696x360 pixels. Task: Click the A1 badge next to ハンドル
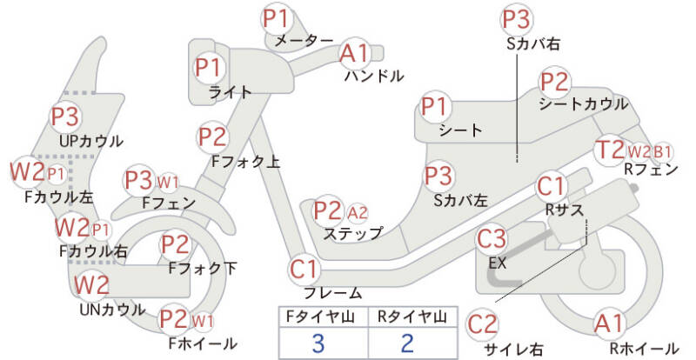click(355, 53)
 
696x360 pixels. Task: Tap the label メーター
click(304, 41)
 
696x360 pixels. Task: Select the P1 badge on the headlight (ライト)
click(209, 68)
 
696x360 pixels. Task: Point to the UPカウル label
click(91, 141)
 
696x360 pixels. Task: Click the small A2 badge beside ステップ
click(358, 213)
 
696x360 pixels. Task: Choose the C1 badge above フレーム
click(304, 270)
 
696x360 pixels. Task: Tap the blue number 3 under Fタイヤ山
click(319, 343)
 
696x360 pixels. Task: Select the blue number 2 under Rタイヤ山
click(407, 343)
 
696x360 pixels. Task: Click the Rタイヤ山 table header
click(412, 317)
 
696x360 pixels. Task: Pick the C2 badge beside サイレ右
click(483, 324)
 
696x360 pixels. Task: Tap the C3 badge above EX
click(492, 239)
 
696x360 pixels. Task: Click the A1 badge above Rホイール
click(610, 324)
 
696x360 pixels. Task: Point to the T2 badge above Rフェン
click(610, 150)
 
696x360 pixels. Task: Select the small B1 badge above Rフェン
click(662, 152)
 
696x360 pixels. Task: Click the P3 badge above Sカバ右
click(517, 19)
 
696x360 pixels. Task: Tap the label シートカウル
click(583, 103)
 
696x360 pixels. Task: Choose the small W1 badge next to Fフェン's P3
click(168, 182)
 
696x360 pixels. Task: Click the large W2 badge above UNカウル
click(91, 285)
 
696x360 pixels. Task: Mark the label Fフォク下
click(203, 268)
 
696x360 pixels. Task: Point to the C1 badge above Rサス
click(551, 187)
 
